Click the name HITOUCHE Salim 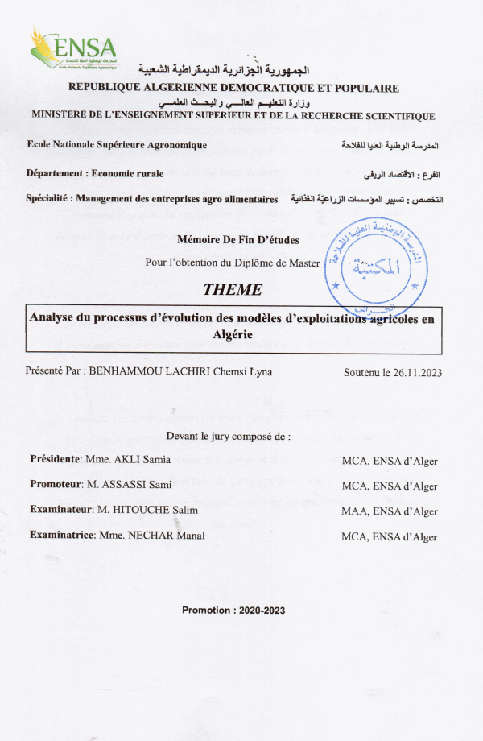pos(158,510)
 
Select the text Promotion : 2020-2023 pos(233,610)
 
